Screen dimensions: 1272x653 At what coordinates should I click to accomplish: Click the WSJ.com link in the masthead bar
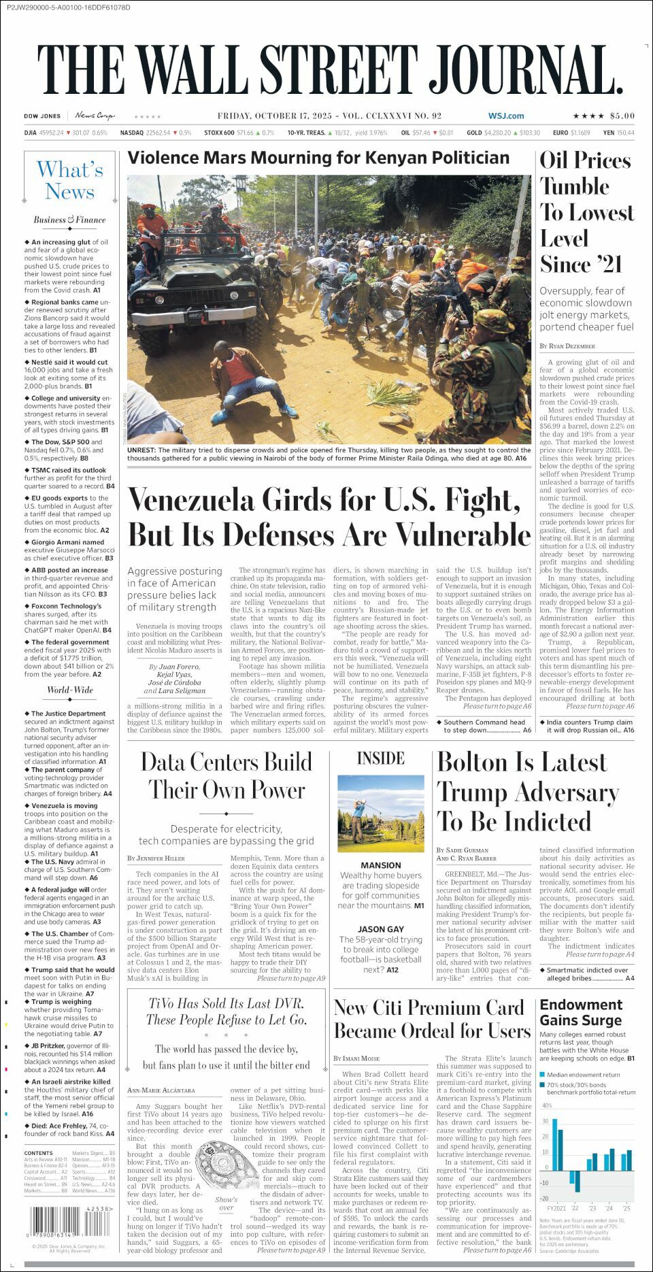(x=505, y=116)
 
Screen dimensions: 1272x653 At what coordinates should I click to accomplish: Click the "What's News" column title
(x=69, y=181)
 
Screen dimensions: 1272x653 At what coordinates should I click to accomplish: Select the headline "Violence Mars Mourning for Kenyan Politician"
(x=318, y=158)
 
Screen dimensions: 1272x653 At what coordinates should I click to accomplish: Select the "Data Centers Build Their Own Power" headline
(x=226, y=775)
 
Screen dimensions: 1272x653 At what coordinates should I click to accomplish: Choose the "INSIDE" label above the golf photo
(x=380, y=758)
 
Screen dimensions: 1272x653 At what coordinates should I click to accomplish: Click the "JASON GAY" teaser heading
(x=380, y=929)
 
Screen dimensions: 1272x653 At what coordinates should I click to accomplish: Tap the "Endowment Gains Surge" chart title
(x=581, y=1012)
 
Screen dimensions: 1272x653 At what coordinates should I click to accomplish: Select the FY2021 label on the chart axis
(x=556, y=1209)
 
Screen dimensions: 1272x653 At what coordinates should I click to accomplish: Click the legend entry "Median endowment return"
(x=584, y=1075)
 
